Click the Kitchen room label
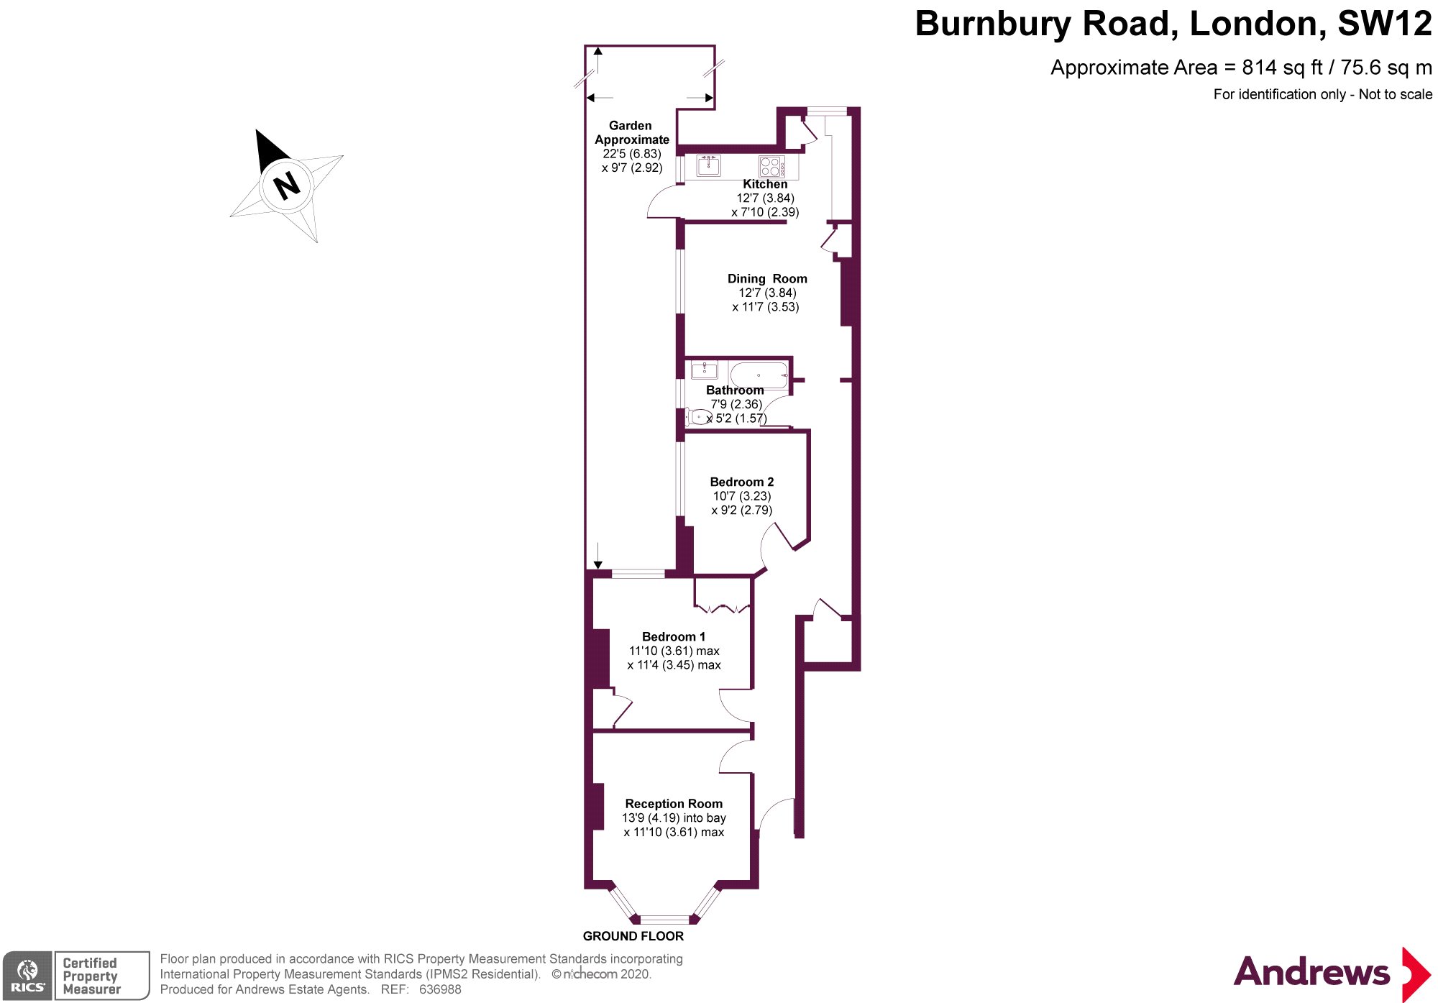(765, 184)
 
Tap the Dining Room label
(767, 279)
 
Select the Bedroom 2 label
(742, 482)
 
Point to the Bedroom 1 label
(674, 637)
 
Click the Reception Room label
(674, 804)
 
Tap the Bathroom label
(735, 390)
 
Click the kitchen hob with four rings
(771, 167)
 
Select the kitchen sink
(709, 166)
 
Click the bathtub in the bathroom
(759, 375)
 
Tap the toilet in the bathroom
(697, 417)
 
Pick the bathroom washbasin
(704, 370)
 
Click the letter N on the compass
(287, 186)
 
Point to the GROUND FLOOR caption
(633, 936)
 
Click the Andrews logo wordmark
(1311, 972)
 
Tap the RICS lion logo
(27, 975)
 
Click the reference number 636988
(440, 989)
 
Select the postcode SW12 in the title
(1384, 24)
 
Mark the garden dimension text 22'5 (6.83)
(632, 154)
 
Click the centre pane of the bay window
(664, 919)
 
